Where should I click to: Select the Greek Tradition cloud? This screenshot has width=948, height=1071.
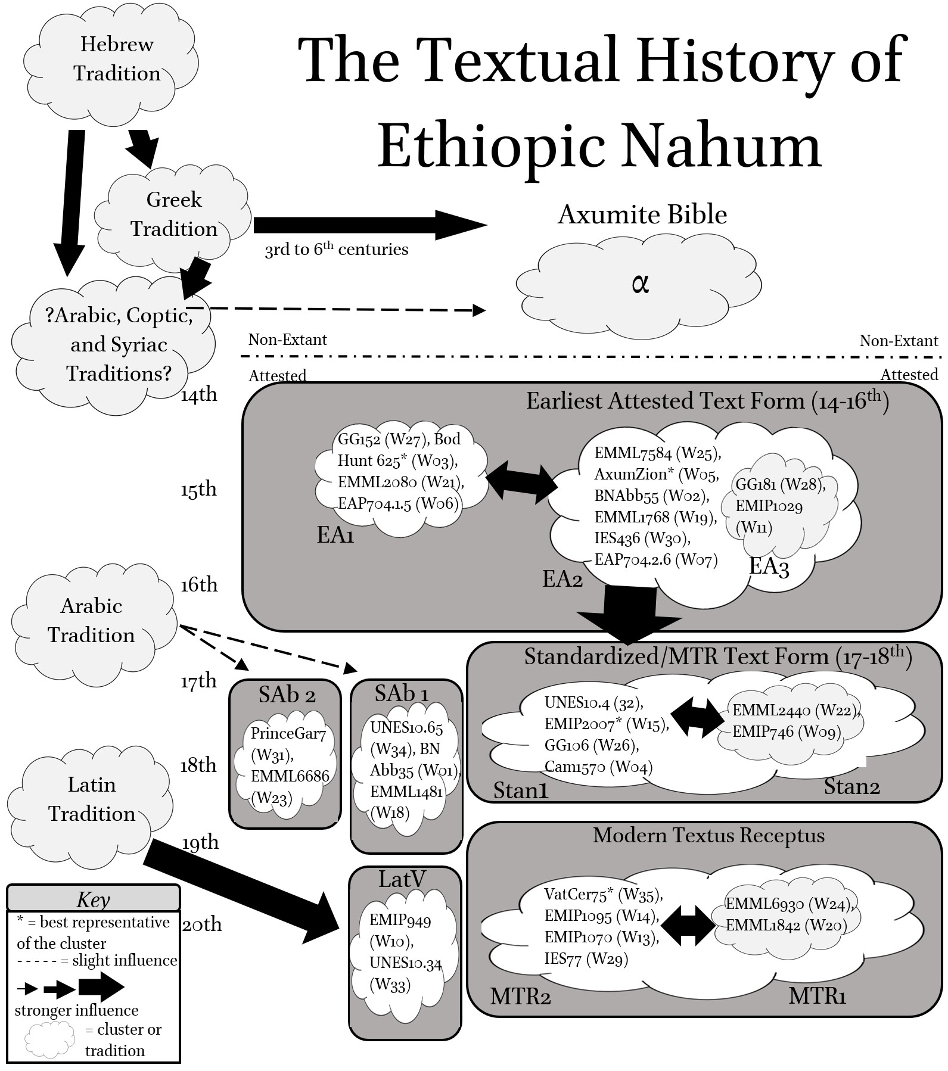point(173,216)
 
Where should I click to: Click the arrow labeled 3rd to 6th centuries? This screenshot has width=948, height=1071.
point(369,225)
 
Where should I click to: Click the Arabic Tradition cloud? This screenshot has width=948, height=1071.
point(92,621)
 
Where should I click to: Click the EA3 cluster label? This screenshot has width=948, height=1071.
point(769,566)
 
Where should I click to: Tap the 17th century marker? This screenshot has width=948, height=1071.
point(199,681)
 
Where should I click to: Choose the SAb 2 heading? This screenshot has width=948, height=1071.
point(287,695)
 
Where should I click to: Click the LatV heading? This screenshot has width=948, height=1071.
point(402,879)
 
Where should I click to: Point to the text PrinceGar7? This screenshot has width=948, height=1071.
point(288,733)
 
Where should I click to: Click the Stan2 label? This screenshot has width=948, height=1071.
point(851,787)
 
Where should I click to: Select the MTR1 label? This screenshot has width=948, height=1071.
point(817,996)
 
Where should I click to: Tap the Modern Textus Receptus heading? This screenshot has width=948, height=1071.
point(708,836)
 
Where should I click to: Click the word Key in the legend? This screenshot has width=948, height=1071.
point(93,899)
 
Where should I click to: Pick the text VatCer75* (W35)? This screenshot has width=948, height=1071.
point(603,894)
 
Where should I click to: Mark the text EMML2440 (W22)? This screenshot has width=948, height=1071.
point(795,710)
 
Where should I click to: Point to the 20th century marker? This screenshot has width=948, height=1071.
point(201,924)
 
